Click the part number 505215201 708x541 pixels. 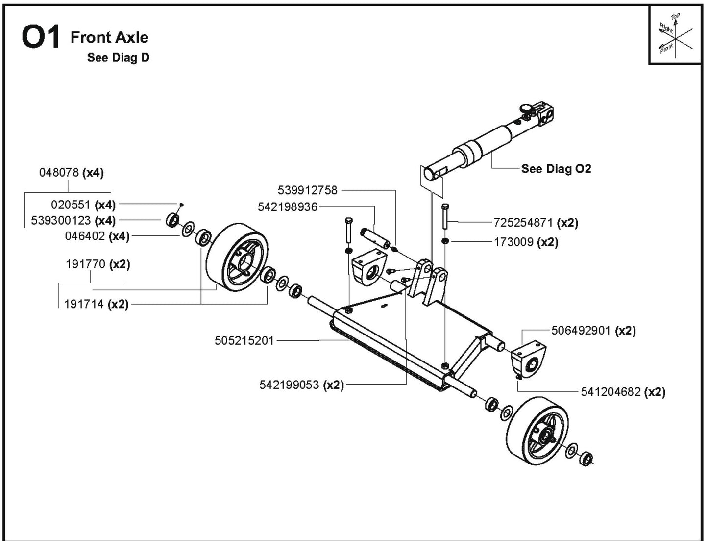click(244, 340)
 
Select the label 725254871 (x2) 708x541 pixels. click(536, 223)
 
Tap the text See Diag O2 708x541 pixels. click(556, 169)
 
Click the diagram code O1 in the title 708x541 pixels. click(41, 38)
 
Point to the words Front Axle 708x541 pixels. click(109, 37)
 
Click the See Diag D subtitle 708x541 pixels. click(118, 58)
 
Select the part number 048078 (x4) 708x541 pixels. click(71, 173)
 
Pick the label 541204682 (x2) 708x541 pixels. click(623, 392)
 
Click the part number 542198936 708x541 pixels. click(288, 207)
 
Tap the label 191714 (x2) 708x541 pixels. click(96, 304)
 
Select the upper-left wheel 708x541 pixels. click(238, 258)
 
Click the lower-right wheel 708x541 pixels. click(538, 431)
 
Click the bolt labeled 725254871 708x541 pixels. click(445, 216)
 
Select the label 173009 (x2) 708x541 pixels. click(526, 242)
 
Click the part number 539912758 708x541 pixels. click(307, 190)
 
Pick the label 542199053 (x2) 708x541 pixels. click(301, 385)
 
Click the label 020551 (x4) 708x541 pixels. click(83, 204)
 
